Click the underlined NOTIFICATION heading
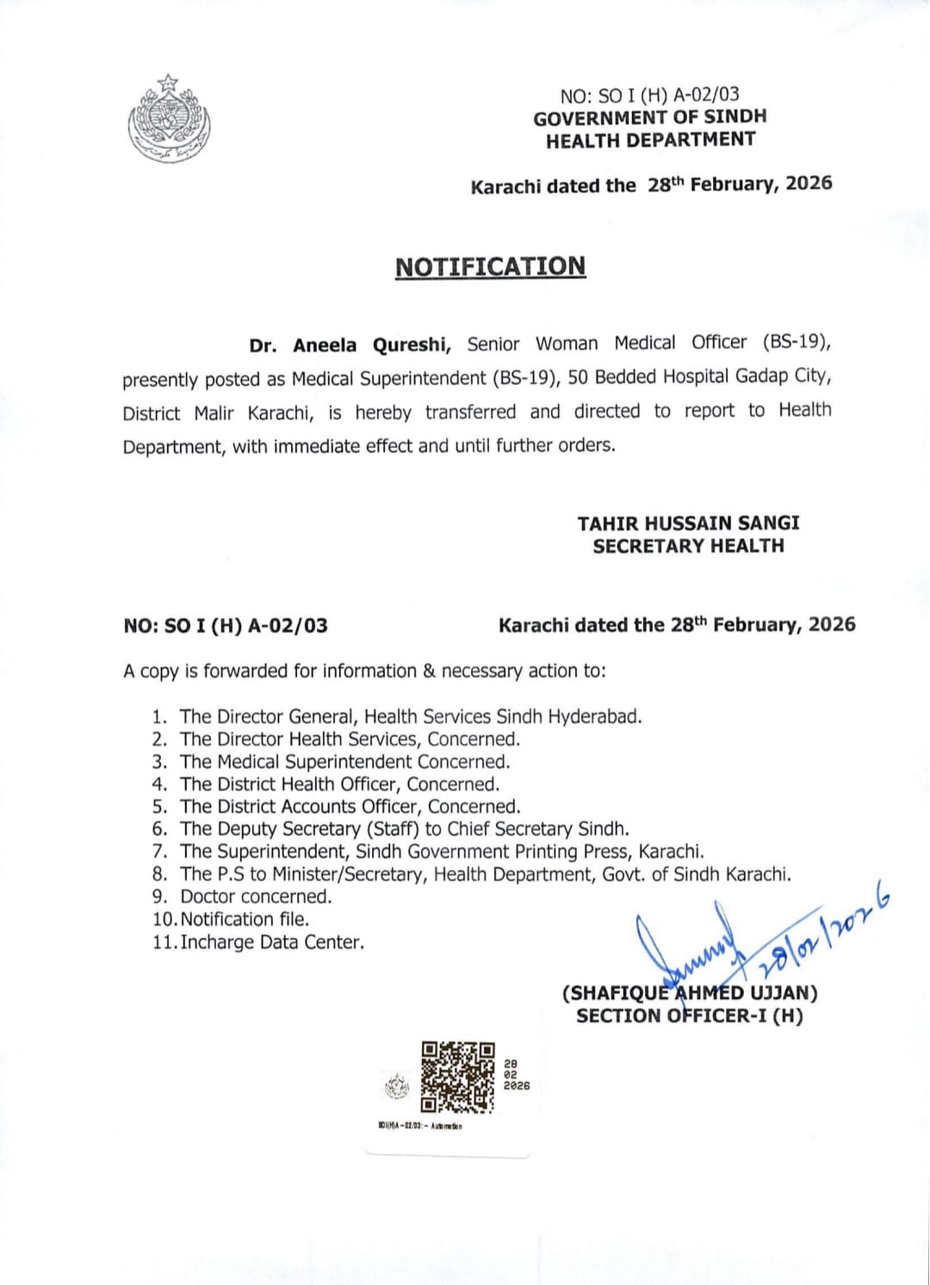490,266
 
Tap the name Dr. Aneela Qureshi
350,345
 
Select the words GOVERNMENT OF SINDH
649,117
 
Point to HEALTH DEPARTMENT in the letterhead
650,140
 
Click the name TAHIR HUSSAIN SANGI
688,523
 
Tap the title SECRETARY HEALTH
688,545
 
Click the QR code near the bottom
457,1077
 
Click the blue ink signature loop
680,947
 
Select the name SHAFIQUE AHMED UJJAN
690,992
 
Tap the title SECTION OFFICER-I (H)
689,1015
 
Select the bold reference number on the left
226,625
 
